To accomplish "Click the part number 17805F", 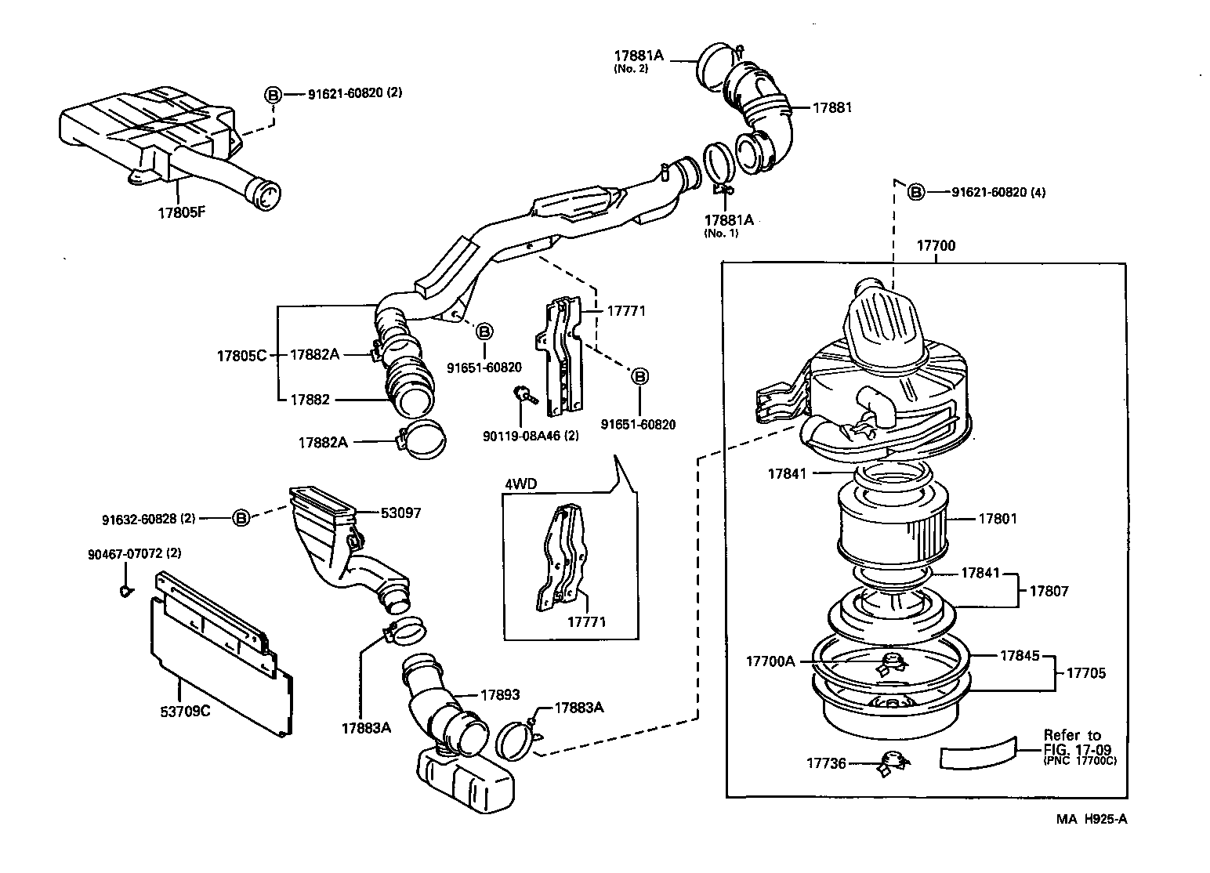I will (180, 212).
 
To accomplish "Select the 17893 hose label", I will (499, 694).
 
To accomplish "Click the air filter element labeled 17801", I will (892, 520).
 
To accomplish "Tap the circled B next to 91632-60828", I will (241, 518).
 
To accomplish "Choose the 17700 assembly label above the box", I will (936, 246).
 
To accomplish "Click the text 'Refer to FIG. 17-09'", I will (1072, 742).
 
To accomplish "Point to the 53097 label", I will (400, 513).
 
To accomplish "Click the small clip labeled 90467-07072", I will (125, 590).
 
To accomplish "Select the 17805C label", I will (241, 355).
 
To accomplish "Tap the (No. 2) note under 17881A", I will (631, 69).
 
